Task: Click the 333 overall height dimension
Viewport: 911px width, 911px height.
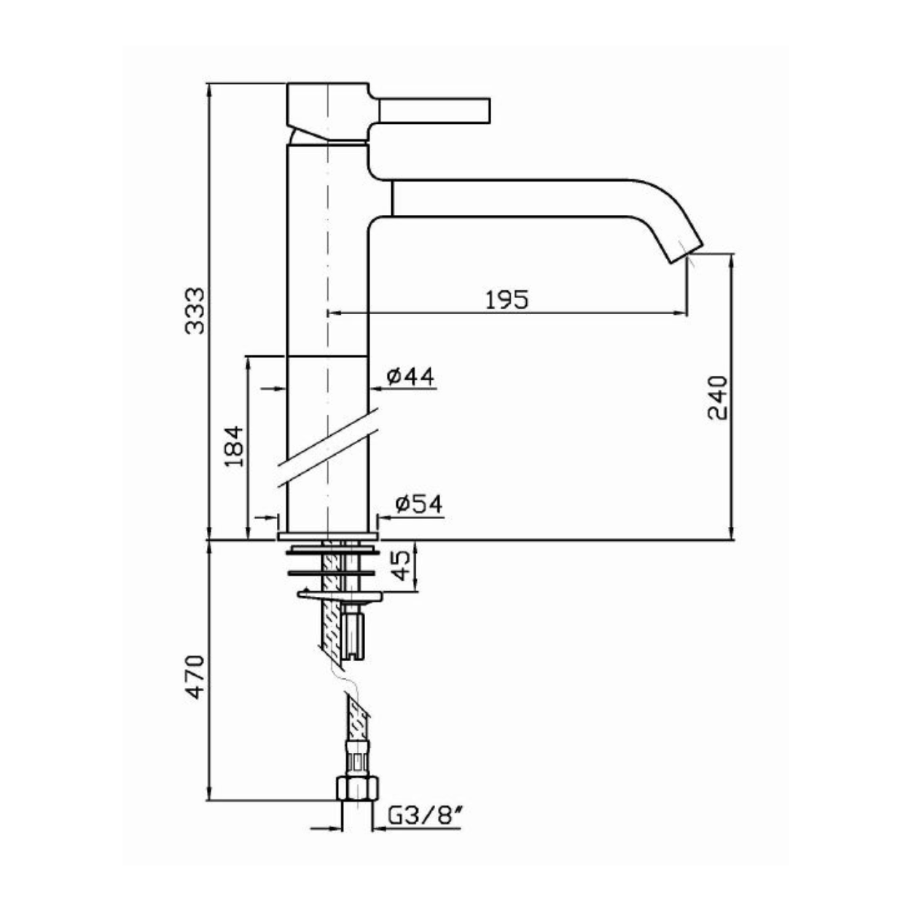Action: pyautogui.click(x=195, y=310)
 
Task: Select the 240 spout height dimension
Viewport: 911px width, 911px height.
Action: pyautogui.click(x=717, y=398)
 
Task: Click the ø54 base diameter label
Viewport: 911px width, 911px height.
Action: pyautogui.click(x=418, y=504)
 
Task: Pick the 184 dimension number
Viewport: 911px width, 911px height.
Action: pyautogui.click(x=235, y=446)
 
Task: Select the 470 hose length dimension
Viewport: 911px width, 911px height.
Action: pyautogui.click(x=195, y=677)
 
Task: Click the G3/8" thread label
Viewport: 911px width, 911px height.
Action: pyautogui.click(x=424, y=816)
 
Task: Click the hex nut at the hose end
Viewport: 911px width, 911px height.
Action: pyautogui.click(x=357, y=787)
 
